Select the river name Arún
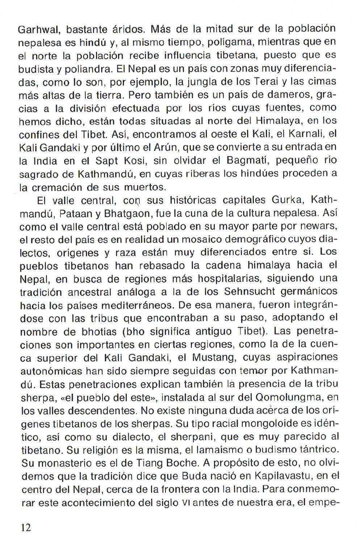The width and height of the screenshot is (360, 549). (166, 147)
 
